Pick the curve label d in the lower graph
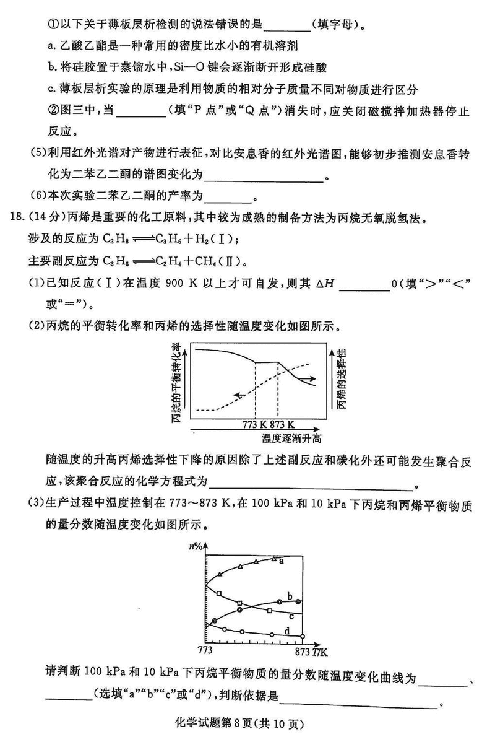pos(287,631)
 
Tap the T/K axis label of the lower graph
pos(320,651)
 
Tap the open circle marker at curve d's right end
pos(302,636)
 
